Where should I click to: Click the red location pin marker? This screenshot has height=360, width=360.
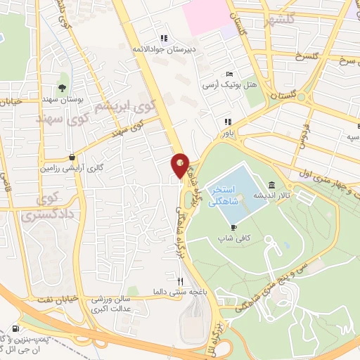tap(181, 165)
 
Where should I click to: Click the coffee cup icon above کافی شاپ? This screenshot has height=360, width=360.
tap(234, 226)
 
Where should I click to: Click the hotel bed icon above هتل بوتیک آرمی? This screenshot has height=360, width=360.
tap(229, 75)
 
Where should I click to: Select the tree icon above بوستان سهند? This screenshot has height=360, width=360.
tap(63, 89)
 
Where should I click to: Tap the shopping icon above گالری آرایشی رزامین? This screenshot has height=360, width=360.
tap(72, 157)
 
